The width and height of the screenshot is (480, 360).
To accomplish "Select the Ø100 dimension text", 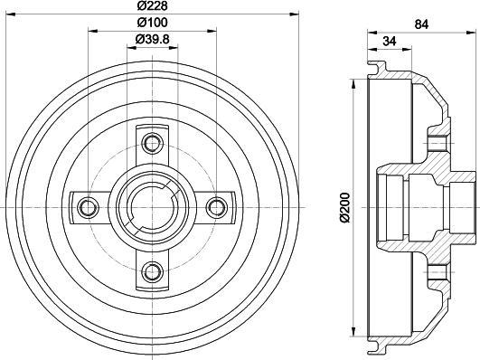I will [152, 24].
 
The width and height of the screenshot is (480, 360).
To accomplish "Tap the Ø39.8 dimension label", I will [152, 38].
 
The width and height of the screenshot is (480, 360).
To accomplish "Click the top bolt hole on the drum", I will [152, 142].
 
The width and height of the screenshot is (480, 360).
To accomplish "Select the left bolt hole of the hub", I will [89, 206].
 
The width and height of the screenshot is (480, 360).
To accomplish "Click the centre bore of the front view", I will [152, 206].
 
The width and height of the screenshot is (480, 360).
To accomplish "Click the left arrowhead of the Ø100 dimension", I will [91, 29].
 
